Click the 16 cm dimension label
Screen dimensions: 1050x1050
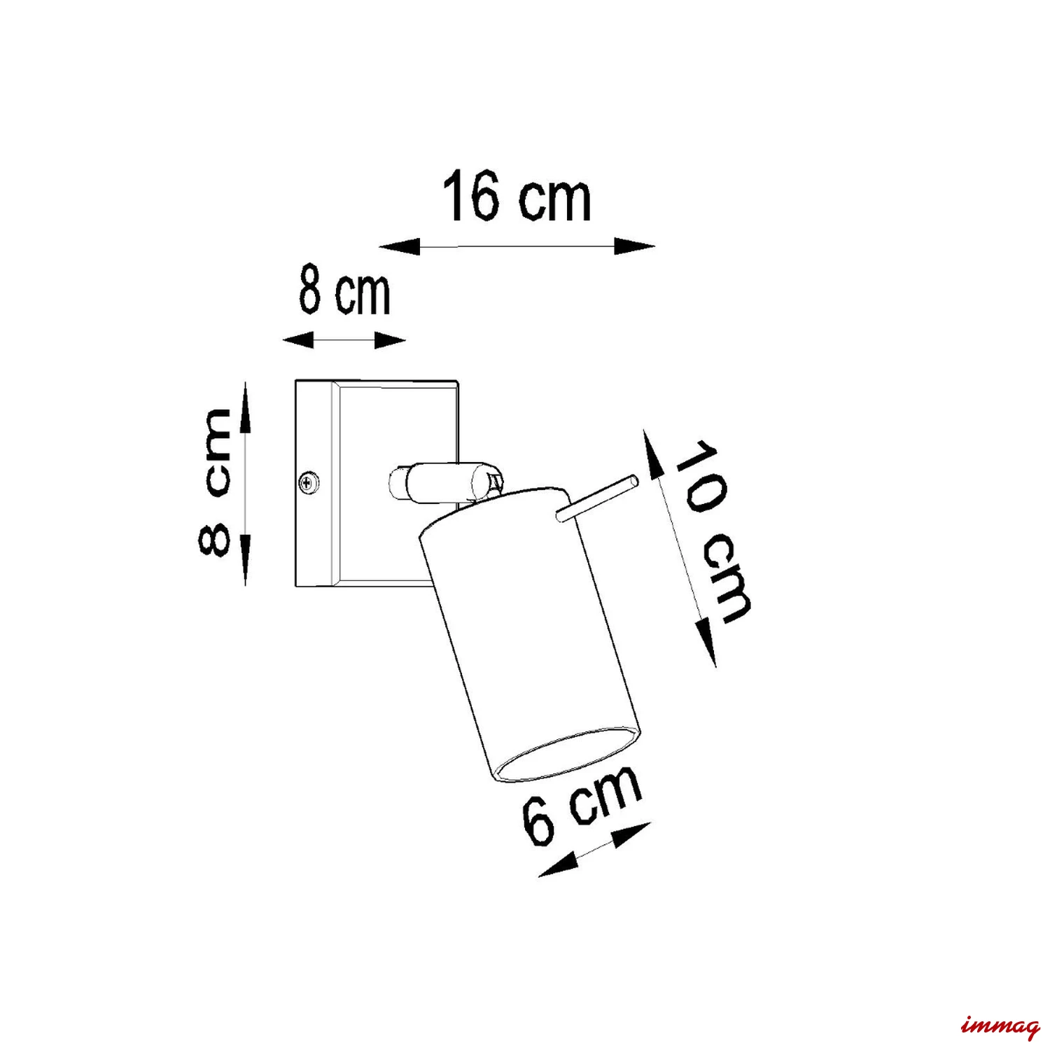(517, 195)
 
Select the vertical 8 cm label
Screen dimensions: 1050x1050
(215, 482)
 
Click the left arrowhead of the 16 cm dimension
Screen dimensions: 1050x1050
(400, 246)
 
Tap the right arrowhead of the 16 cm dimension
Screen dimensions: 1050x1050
(635, 246)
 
